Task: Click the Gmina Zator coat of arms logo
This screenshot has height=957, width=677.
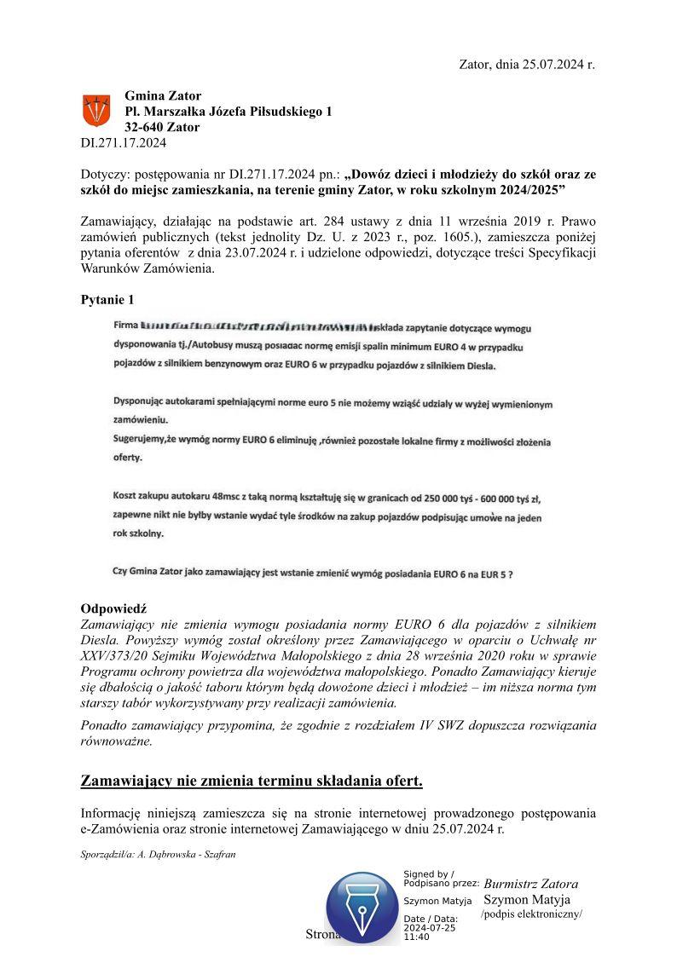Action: (x=95, y=111)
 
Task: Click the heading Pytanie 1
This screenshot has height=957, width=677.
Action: (x=107, y=300)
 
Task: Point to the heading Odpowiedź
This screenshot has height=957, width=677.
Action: (x=113, y=608)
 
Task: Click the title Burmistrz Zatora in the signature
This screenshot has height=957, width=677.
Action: (x=530, y=884)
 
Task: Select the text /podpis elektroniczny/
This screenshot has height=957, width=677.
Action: (x=531, y=914)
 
